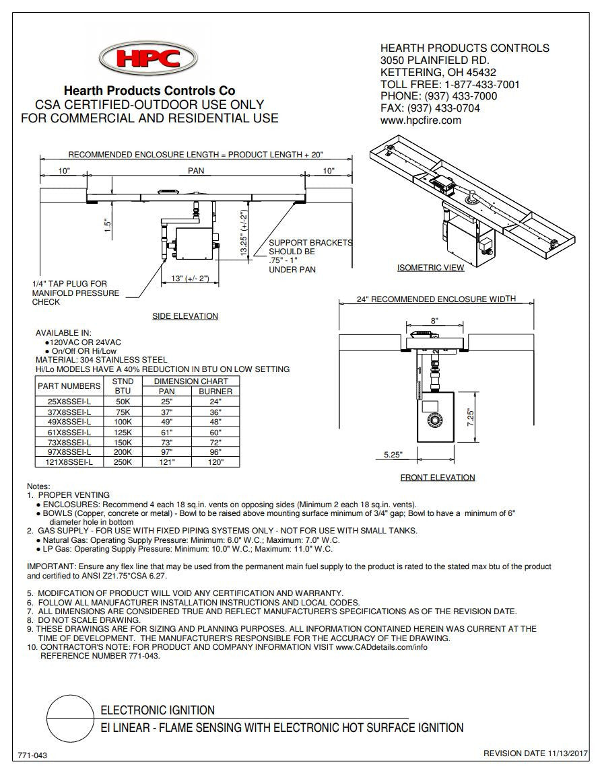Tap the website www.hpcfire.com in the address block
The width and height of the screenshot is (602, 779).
pyautogui.click(x=420, y=120)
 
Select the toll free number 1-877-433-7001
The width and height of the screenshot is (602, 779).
pyautogui.click(x=481, y=84)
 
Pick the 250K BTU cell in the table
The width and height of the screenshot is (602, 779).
pyautogui.click(x=123, y=463)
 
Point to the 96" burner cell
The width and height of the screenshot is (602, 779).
pyautogui.click(x=215, y=453)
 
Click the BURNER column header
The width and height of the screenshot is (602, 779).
pyautogui.click(x=215, y=391)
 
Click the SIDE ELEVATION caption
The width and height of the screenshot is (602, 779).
pyautogui.click(x=185, y=316)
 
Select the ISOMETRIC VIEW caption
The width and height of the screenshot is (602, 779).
pyautogui.click(x=430, y=268)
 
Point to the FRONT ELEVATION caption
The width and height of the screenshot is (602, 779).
pyautogui.click(x=437, y=478)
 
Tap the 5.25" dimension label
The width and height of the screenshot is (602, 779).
pyautogui.click(x=393, y=455)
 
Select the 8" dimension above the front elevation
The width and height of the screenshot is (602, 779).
pyautogui.click(x=434, y=321)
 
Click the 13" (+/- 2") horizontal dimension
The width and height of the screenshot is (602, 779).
pyautogui.click(x=190, y=279)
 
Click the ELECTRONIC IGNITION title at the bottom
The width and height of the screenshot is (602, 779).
pyautogui.click(x=157, y=710)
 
